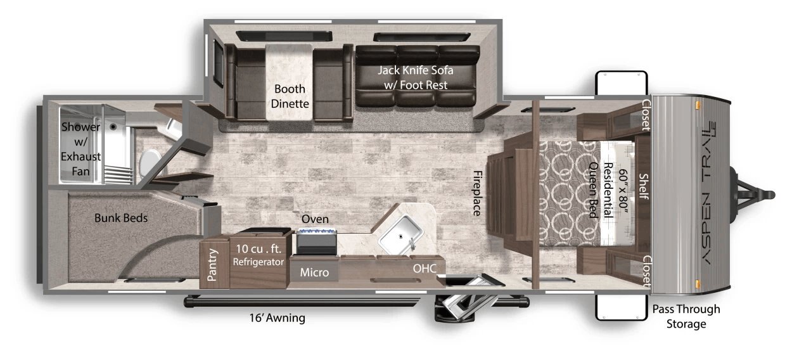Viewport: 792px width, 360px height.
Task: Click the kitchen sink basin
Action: [x=400, y=235]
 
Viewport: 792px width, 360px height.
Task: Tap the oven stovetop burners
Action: [x=316, y=231]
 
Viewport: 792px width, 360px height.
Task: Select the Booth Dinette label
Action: [x=290, y=96]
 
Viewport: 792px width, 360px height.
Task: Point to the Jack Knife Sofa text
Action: [x=416, y=70]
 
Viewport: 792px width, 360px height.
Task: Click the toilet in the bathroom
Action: [x=150, y=163]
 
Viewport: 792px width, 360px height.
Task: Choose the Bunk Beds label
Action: [x=121, y=218]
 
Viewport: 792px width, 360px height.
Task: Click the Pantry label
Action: [x=212, y=265]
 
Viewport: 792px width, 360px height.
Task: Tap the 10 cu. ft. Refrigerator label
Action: [x=259, y=255]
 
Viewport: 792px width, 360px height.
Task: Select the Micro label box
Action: [x=314, y=272]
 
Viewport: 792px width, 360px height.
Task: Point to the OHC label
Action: [x=425, y=269]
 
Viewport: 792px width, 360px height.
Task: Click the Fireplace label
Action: [x=477, y=193]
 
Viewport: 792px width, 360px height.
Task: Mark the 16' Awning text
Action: [x=278, y=318]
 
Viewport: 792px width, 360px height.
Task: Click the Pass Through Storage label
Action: [x=686, y=316]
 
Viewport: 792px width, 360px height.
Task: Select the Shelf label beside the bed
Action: [x=644, y=186]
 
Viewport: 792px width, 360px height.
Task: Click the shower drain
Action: [x=113, y=126]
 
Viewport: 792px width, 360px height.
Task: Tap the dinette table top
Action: [x=289, y=82]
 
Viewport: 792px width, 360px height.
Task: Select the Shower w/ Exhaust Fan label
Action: [x=80, y=149]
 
